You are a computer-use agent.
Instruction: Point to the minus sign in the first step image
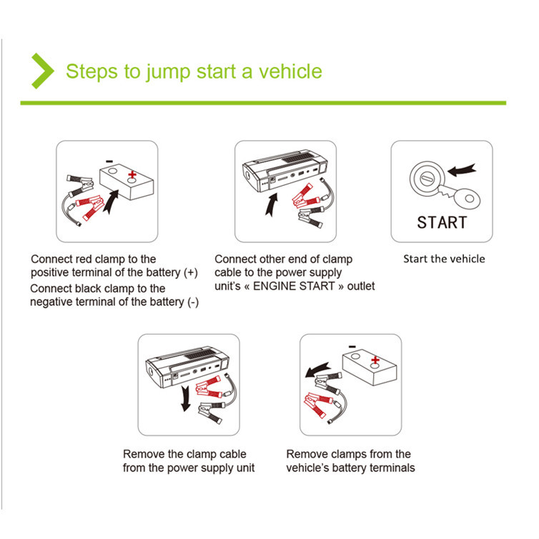point(108,161)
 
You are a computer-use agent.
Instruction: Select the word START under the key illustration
point(442,222)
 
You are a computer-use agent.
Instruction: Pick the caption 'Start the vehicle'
point(443,259)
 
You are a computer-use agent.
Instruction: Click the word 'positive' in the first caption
point(52,273)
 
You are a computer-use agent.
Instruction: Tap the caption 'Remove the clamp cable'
point(184,454)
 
